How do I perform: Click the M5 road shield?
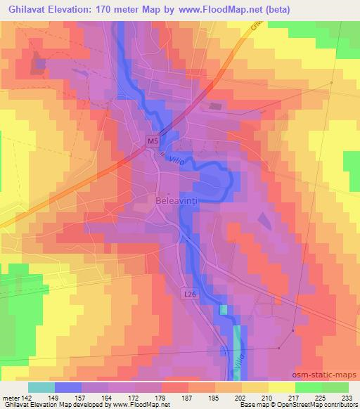pyautogui.click(x=153, y=141)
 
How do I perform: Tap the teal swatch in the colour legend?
pyautogui.click(x=41, y=387)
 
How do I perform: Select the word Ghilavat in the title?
pyautogui.click(x=27, y=11)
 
